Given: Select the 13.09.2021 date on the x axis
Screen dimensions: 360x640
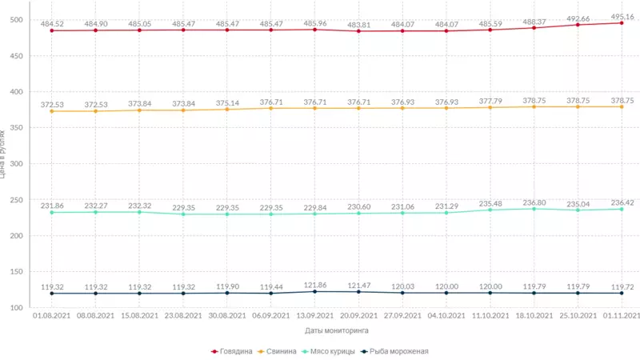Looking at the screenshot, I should point(314,316).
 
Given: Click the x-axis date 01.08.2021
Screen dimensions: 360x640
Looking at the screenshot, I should point(52,316).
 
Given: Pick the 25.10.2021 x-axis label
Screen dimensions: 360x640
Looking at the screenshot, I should point(578,316).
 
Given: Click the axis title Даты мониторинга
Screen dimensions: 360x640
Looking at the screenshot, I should point(336,330).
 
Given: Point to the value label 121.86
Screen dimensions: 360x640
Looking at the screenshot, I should point(314,285).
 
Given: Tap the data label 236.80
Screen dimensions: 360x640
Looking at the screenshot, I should point(534,202).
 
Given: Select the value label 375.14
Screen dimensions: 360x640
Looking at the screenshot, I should point(227,102).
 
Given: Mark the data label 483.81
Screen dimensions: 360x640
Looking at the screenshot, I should point(358,25).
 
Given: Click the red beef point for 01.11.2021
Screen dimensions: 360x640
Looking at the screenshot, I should point(622,23).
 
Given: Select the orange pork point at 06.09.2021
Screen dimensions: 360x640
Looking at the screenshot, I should point(271,108).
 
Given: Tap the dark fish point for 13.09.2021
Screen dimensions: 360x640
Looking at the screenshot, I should point(314,291).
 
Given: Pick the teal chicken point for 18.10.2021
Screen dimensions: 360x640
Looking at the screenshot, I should point(534,209).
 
